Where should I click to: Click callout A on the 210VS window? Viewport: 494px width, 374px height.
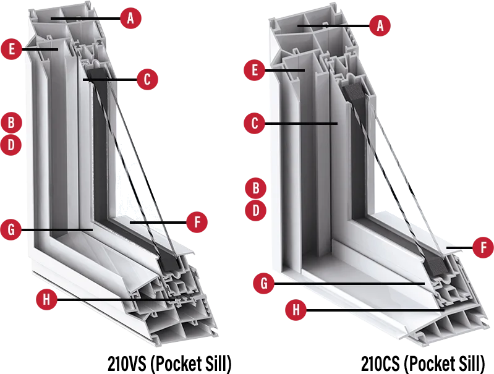click(x=130, y=19)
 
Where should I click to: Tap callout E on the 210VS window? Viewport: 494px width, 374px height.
click(x=12, y=49)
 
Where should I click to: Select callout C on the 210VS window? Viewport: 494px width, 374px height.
click(x=147, y=79)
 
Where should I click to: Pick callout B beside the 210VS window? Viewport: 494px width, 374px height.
click(x=11, y=122)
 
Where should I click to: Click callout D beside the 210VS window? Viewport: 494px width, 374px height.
click(x=11, y=145)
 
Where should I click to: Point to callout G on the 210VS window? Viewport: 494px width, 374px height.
click(x=11, y=230)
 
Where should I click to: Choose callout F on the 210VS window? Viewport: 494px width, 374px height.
click(x=197, y=222)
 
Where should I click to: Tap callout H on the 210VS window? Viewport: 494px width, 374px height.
click(x=46, y=299)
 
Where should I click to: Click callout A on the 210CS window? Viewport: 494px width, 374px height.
click(x=380, y=25)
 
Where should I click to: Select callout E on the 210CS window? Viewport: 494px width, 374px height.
click(x=255, y=70)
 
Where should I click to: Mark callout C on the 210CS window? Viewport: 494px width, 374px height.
click(x=255, y=123)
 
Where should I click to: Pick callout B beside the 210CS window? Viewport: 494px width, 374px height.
click(x=256, y=188)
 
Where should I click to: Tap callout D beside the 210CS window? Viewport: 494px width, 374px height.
click(x=256, y=210)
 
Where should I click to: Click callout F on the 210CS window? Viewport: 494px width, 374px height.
click(x=483, y=247)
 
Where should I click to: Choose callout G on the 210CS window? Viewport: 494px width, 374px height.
click(x=264, y=283)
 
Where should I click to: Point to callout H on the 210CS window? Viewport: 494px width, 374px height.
click(x=296, y=310)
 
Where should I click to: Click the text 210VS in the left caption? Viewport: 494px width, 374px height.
click(x=127, y=363)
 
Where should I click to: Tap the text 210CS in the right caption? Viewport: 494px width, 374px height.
click(x=380, y=363)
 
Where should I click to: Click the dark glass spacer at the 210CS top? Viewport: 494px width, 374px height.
click(x=355, y=92)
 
